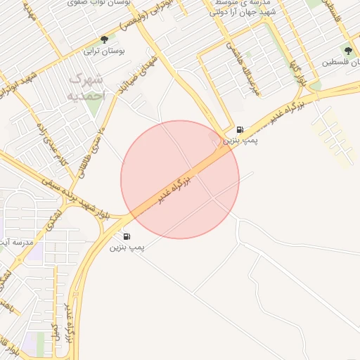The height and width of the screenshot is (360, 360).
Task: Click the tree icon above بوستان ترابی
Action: (x=105, y=40)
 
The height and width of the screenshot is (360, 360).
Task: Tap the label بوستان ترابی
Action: (x=104, y=51)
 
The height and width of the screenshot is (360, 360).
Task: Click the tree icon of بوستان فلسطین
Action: (x=347, y=50)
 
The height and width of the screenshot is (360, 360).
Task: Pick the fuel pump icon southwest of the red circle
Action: (x=127, y=236)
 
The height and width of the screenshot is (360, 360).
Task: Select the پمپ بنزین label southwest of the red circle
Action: (x=127, y=247)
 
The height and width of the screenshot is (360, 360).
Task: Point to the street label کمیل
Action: (x=56, y=330)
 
